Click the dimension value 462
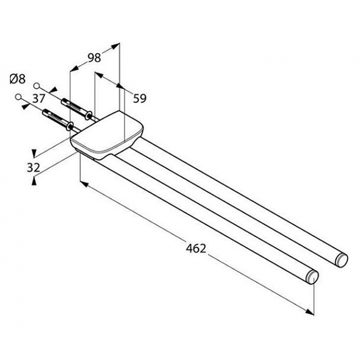click(196, 248)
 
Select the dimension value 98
click(94, 58)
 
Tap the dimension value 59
click(139, 99)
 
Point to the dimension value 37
click(39, 99)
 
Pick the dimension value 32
click(33, 168)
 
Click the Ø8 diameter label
click(17, 79)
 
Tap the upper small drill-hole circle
click(37, 86)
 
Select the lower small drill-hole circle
click(18, 97)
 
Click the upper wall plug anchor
click(77, 109)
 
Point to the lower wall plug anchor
click(58, 120)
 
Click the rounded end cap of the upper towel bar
click(342, 260)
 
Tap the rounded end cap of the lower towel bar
click(313, 277)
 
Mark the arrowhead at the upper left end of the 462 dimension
click(84, 184)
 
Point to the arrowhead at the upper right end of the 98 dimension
click(116, 46)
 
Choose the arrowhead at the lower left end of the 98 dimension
click(74, 68)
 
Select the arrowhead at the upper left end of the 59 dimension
click(99, 75)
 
